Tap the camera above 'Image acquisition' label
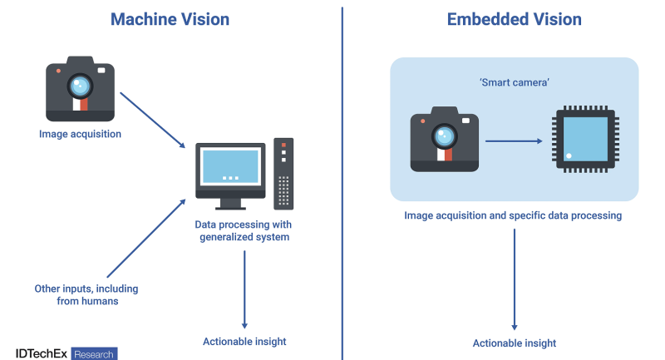[80, 89]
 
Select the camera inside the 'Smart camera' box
[444, 139]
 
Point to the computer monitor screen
[230, 167]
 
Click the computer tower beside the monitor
[283, 173]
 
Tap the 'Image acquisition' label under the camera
[80, 134]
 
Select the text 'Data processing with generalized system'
[244, 231]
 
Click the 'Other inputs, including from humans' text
[86, 295]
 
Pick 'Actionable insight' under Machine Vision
[244, 342]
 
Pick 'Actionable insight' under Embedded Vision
[515, 343]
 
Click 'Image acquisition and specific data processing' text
[513, 215]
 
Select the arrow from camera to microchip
[512, 141]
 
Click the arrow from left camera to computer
[153, 120]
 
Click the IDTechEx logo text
[42, 353]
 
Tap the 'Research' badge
[94, 353]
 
